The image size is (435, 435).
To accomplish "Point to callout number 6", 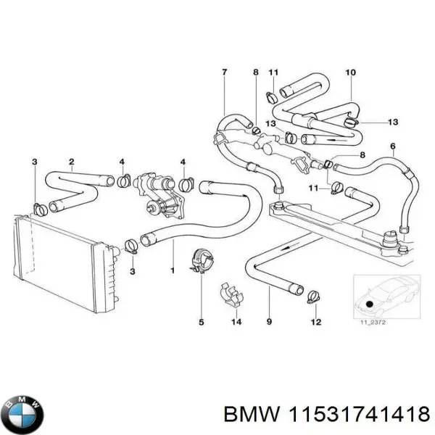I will (x=393, y=146).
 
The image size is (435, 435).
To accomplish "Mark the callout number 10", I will (x=350, y=72).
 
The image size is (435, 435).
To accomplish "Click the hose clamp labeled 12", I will (x=315, y=295).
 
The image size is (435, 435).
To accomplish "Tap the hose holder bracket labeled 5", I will (x=201, y=261).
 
